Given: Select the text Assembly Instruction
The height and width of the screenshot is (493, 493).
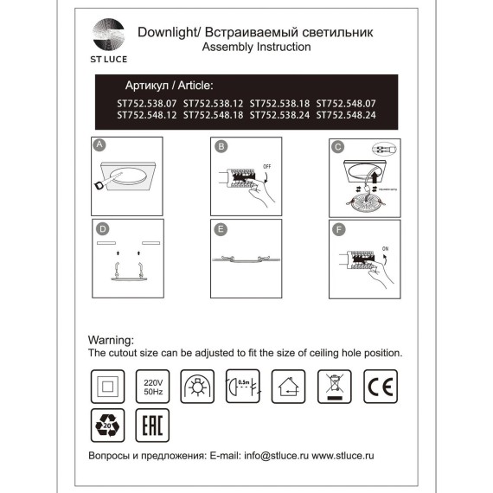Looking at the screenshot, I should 256,48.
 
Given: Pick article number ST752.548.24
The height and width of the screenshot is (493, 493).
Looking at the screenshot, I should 347,113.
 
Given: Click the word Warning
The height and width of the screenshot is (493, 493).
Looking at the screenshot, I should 112,341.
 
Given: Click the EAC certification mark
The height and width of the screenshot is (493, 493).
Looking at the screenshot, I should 150,426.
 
